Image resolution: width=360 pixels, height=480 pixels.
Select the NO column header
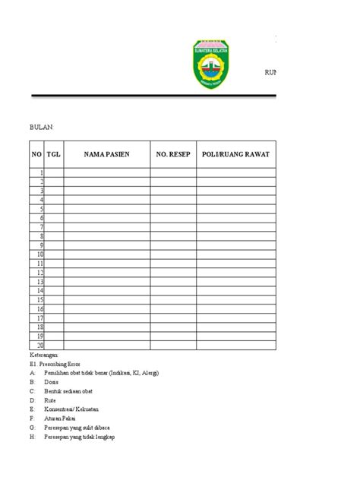(36, 154)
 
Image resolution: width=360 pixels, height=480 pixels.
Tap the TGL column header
(53, 154)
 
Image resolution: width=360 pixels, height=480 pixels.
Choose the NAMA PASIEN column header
(106, 154)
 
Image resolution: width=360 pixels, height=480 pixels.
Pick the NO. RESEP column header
(172, 154)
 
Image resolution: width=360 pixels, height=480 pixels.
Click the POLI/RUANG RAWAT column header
(235, 154)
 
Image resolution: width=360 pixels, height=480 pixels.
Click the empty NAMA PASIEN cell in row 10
(106, 254)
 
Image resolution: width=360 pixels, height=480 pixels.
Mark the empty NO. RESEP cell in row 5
(172, 209)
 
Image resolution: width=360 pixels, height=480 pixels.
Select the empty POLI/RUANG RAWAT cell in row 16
(235, 309)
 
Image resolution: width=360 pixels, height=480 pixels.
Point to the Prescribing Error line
(56, 365)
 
